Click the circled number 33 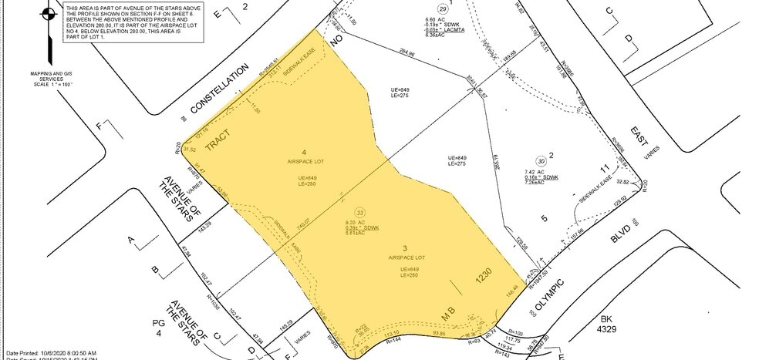[x=358, y=212]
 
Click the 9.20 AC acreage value [x=356, y=223]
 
